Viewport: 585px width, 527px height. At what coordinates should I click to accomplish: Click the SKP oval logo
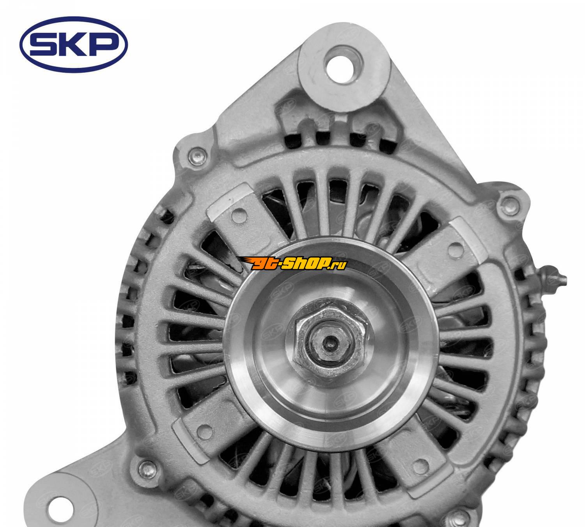pyautogui.click(x=73, y=45)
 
